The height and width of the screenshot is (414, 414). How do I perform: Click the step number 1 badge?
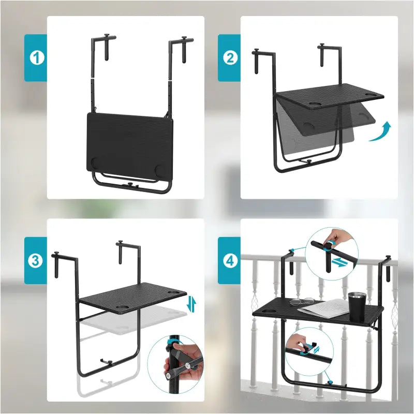pos(35,58)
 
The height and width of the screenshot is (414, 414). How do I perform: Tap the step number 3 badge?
pos(35,261)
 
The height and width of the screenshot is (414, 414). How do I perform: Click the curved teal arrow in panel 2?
pos(380,132)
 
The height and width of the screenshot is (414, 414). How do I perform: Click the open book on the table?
pos(324,309)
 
